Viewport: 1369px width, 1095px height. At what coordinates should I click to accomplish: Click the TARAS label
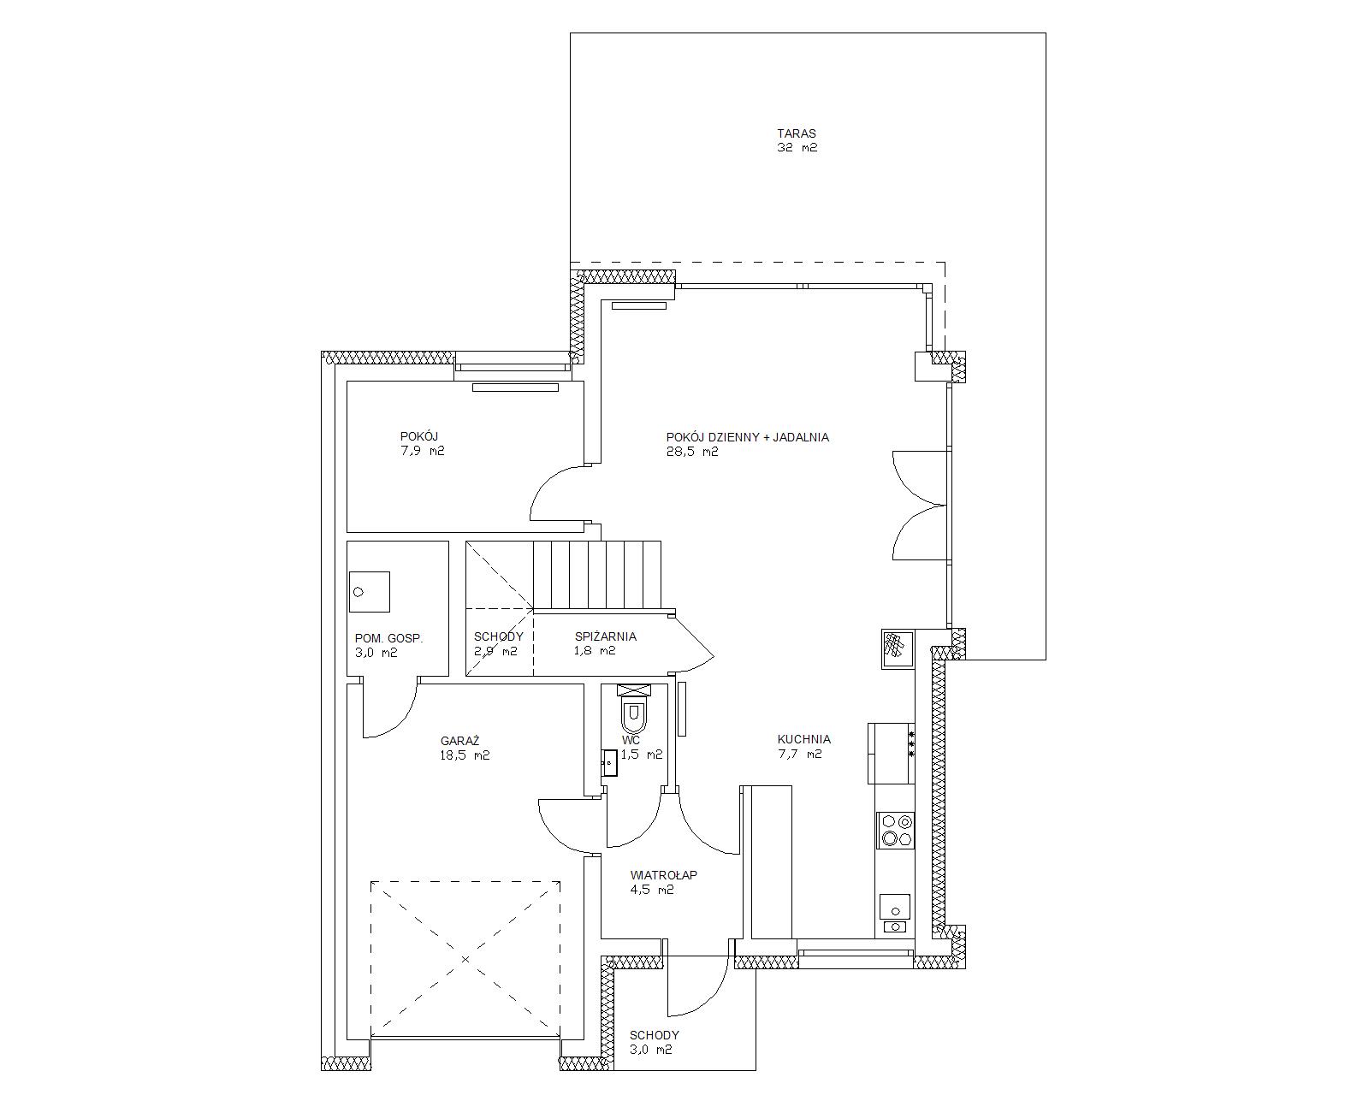click(797, 133)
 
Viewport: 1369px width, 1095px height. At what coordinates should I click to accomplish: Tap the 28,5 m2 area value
click(692, 452)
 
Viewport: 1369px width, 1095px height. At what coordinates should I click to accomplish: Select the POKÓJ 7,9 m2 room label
click(422, 443)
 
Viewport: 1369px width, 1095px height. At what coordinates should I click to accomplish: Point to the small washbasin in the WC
click(610, 763)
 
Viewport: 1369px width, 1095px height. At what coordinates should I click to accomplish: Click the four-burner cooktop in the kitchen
click(896, 831)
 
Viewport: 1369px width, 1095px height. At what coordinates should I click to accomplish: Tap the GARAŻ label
click(459, 741)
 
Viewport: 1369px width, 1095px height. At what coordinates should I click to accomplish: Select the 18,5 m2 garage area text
click(465, 756)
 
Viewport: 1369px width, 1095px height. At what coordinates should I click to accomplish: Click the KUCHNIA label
click(804, 739)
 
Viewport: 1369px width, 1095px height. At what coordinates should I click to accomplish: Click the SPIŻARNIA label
click(606, 636)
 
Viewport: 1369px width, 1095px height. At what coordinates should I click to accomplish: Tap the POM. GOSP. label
click(388, 638)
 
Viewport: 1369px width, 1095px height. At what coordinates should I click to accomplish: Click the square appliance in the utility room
click(369, 592)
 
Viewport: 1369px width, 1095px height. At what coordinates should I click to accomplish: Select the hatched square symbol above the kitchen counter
click(898, 649)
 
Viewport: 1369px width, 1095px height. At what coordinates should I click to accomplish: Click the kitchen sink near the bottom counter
click(894, 914)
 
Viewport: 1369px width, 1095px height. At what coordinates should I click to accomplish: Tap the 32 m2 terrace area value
click(797, 148)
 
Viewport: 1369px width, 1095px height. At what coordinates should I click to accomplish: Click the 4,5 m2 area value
click(652, 890)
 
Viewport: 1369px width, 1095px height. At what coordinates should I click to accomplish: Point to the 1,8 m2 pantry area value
click(595, 650)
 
